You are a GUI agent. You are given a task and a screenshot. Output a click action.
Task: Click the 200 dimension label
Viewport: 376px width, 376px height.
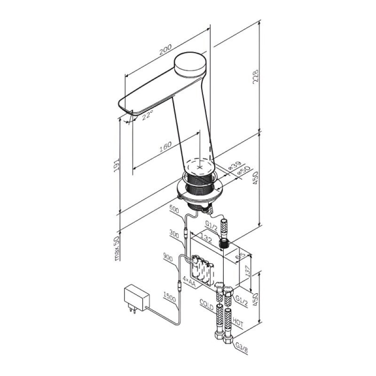click(x=165, y=50)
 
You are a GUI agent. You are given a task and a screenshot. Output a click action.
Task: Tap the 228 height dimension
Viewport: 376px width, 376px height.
click(x=256, y=77)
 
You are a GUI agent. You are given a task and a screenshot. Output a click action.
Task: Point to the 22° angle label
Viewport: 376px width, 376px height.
click(x=147, y=116)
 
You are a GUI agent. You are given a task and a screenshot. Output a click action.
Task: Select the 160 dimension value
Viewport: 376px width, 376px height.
click(x=165, y=147)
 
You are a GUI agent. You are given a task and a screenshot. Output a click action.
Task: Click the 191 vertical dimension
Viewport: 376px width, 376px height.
click(x=116, y=165)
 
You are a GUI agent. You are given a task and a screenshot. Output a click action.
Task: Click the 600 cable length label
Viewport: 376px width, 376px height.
click(x=174, y=209)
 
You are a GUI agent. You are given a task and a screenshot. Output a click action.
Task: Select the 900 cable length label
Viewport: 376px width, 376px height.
click(x=168, y=257)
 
